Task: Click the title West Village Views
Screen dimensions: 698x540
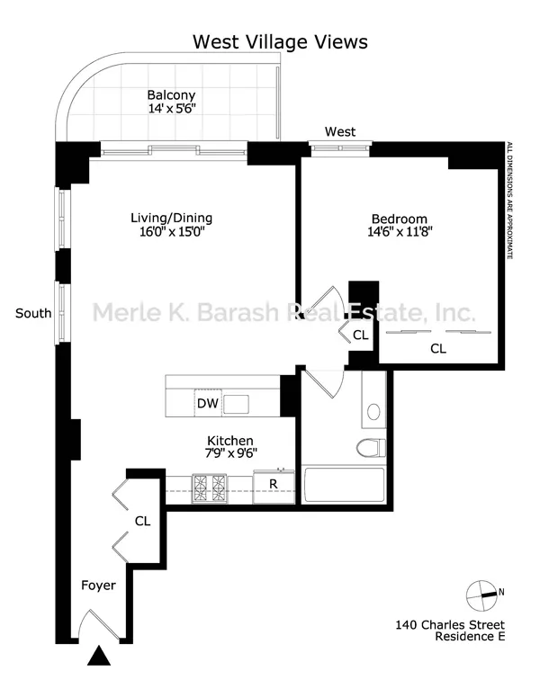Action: click(x=281, y=42)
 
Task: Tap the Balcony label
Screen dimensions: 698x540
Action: click(x=171, y=94)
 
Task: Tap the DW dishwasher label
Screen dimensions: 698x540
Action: click(x=207, y=404)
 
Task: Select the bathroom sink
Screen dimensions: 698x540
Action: click(x=375, y=414)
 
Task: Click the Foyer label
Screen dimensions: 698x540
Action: click(x=98, y=586)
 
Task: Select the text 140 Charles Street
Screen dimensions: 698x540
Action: click(x=450, y=624)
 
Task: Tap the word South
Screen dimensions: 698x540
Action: click(x=33, y=313)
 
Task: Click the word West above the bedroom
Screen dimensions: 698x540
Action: click(x=340, y=131)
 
